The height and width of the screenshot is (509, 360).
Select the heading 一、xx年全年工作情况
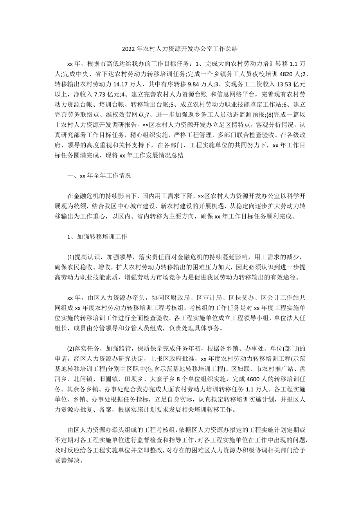pyautogui.click(x=99, y=176)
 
